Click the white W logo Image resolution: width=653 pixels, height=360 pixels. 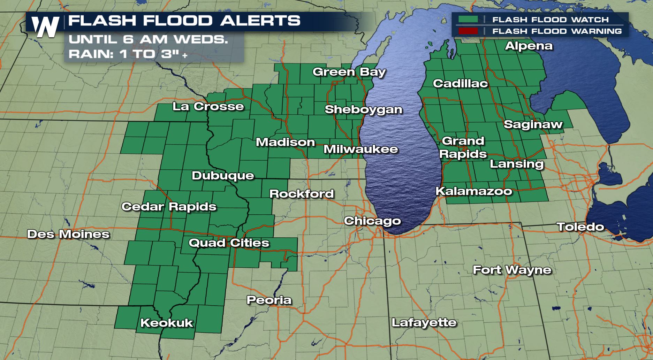pos(45,26)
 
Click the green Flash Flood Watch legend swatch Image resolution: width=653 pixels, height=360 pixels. pos(468,20)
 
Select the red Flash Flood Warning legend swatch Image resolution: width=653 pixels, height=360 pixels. pos(468,31)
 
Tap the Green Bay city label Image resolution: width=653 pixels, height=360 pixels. pos(349,72)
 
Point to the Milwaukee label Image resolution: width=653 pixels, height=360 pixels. pos(360,149)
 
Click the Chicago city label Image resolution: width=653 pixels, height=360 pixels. pos(372,221)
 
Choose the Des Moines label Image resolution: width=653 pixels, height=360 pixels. pos(68,234)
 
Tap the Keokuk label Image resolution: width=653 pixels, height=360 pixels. pos(167,323)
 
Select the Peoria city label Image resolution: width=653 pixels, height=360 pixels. pos(269,300)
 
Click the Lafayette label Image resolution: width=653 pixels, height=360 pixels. pos(424,322)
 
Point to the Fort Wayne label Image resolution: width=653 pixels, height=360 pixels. pos(512,270)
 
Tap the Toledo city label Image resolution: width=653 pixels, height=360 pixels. pos(580,227)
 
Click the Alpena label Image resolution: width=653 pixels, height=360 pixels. pos(529,46)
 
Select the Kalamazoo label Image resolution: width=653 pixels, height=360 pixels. pos(474,191)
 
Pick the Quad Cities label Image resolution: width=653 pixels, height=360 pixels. pos(229,243)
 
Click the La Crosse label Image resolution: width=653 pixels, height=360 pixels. pos(208,106)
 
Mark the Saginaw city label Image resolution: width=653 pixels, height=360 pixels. pos(533,124)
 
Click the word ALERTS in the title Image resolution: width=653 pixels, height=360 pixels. pos(260,21)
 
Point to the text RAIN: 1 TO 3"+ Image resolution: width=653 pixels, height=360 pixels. pos(128,54)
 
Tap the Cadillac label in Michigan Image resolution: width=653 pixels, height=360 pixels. pos(460,83)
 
